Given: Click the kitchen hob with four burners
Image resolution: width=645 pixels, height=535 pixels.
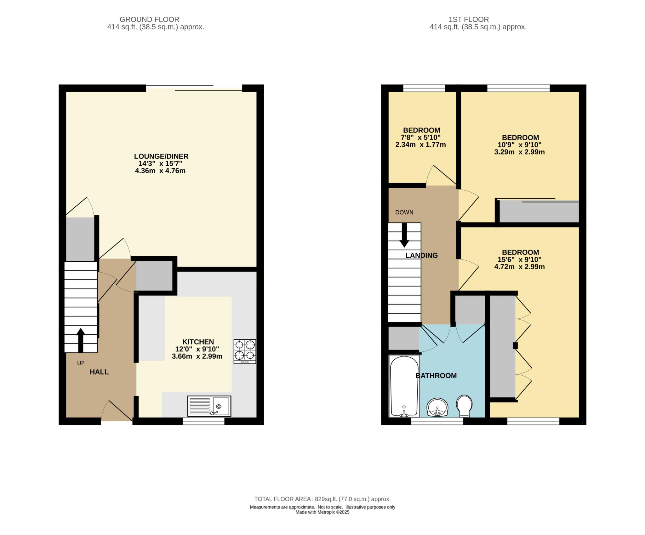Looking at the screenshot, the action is point(245,351).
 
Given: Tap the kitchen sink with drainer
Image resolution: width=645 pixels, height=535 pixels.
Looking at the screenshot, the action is point(209,406).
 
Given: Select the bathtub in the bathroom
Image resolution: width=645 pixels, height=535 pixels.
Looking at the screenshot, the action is point(404,386).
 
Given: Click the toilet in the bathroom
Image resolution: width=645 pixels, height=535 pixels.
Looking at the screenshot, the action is point(464,406).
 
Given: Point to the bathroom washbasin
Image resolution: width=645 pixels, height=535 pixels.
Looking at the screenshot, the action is point(437,407).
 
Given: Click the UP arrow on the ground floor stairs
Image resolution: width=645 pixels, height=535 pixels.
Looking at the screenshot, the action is point(81,340).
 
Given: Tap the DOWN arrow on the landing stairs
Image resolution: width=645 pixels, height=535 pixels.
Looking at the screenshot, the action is point(404,235).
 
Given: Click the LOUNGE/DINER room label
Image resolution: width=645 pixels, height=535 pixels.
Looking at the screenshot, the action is point(161,156).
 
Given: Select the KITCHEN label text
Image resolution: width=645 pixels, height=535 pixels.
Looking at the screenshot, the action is point(198,342).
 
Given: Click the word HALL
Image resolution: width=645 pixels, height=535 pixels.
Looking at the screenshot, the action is point(99,372).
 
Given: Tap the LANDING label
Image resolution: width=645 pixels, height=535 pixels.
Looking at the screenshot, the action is point(421,255).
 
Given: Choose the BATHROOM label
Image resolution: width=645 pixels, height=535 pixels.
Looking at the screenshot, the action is point(436,376).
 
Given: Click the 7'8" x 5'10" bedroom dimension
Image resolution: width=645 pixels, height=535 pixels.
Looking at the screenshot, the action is point(420,137).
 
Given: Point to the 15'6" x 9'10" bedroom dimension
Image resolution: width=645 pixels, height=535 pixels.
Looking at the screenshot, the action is point(520,259).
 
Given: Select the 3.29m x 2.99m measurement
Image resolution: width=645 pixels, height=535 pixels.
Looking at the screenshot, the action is point(519,152).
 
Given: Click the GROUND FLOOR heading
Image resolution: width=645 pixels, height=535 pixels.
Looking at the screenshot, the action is point(150,20).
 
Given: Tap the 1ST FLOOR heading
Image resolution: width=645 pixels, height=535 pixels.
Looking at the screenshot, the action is point(469,20).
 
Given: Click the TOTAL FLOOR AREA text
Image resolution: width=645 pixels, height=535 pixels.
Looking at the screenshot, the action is point(322,499).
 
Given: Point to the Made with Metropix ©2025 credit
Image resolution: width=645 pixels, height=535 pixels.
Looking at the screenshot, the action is point(322,512).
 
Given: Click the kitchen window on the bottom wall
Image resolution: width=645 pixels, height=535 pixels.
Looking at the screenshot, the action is point(203,421).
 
